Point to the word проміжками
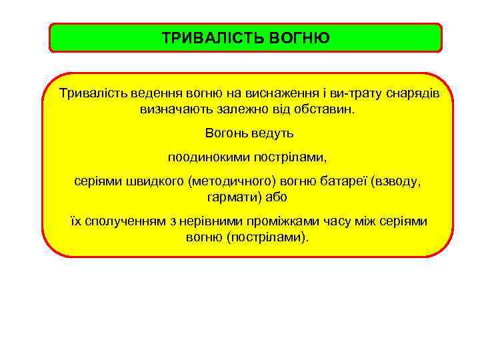pyautogui.click(x=297, y=221)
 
